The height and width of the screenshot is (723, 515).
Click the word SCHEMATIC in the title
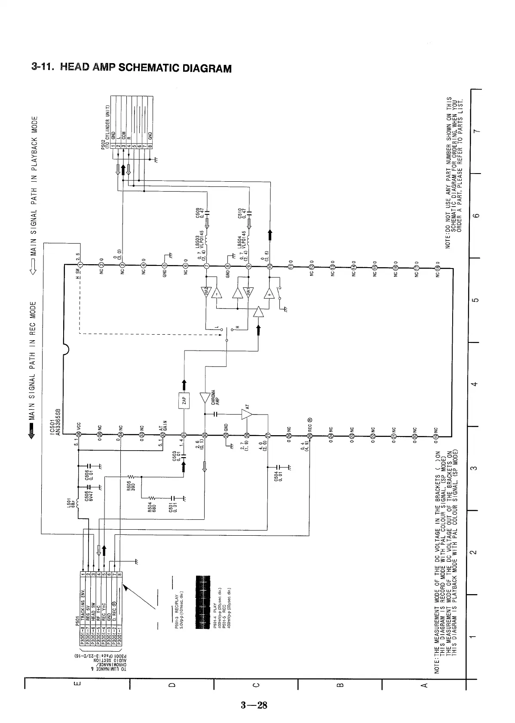point(149,68)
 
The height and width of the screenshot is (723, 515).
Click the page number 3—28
point(254,705)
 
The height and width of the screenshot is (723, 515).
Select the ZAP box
point(184,401)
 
